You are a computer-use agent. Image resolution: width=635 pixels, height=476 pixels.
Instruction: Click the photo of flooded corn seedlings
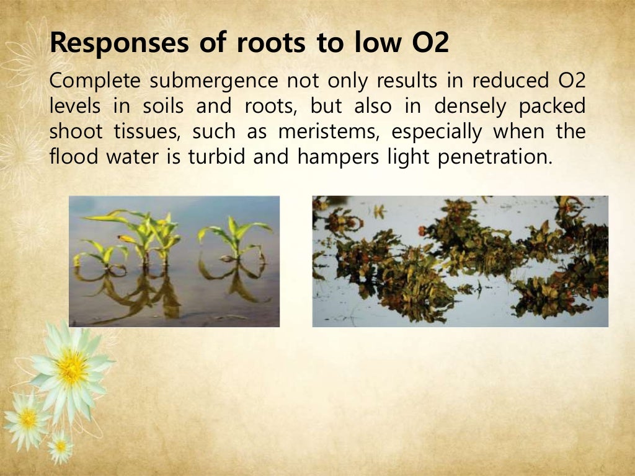174,261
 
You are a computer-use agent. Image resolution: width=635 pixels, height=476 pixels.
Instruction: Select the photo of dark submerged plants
460,261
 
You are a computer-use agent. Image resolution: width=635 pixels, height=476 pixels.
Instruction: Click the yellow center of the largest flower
73,368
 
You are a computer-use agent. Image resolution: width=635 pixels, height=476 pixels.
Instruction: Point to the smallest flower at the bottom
61,446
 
